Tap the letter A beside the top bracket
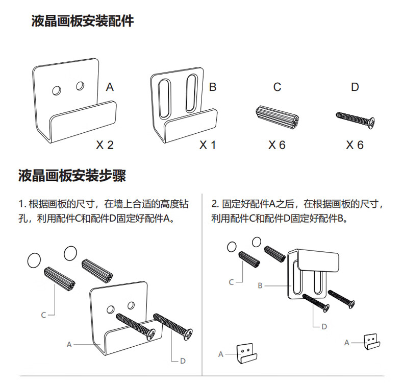tap(110, 87)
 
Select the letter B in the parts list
tap(213, 87)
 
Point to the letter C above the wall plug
tap(277, 87)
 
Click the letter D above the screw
tap(355, 87)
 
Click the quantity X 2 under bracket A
tap(105, 145)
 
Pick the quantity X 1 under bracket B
tap(208, 145)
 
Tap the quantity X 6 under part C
tap(277, 145)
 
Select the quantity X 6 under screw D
tap(355, 145)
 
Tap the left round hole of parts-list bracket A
tap(57, 90)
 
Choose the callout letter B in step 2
tap(260, 286)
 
